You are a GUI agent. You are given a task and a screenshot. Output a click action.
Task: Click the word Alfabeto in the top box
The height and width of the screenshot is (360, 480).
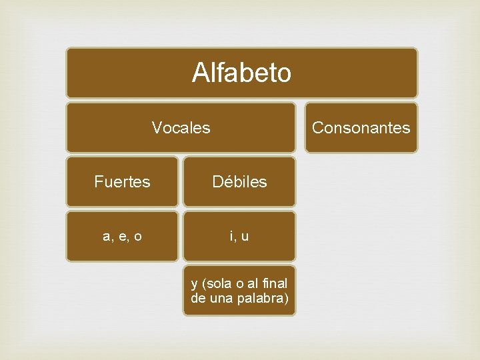pos(241,73)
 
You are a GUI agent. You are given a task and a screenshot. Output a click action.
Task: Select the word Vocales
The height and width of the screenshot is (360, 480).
pos(181,127)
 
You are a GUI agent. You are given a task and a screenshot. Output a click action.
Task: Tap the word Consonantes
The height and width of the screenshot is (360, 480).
pos(361,127)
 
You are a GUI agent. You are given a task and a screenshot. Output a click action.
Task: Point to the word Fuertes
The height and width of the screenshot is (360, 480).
pos(122,182)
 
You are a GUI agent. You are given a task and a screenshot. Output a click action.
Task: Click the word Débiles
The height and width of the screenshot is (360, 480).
pos(239,182)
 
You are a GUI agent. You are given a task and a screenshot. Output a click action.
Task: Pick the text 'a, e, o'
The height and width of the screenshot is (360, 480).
pos(122,237)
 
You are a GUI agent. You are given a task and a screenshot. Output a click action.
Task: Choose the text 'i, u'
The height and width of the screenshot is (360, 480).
pos(239,237)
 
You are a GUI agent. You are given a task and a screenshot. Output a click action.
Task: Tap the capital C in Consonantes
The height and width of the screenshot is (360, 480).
pos(317,127)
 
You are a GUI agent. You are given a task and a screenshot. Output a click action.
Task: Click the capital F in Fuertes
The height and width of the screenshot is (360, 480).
pos(98,182)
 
